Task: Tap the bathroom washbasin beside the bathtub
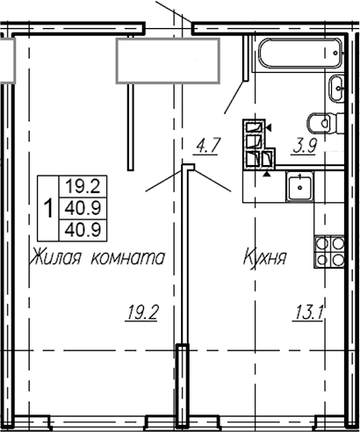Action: pyautogui.click(x=339, y=89)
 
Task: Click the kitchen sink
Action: pyautogui.click(x=302, y=185)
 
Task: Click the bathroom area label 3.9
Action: pyautogui.click(x=306, y=148)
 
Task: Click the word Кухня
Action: pyautogui.click(x=265, y=259)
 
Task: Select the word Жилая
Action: pyautogui.click(x=59, y=259)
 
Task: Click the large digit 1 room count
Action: pyautogui.click(x=47, y=208)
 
